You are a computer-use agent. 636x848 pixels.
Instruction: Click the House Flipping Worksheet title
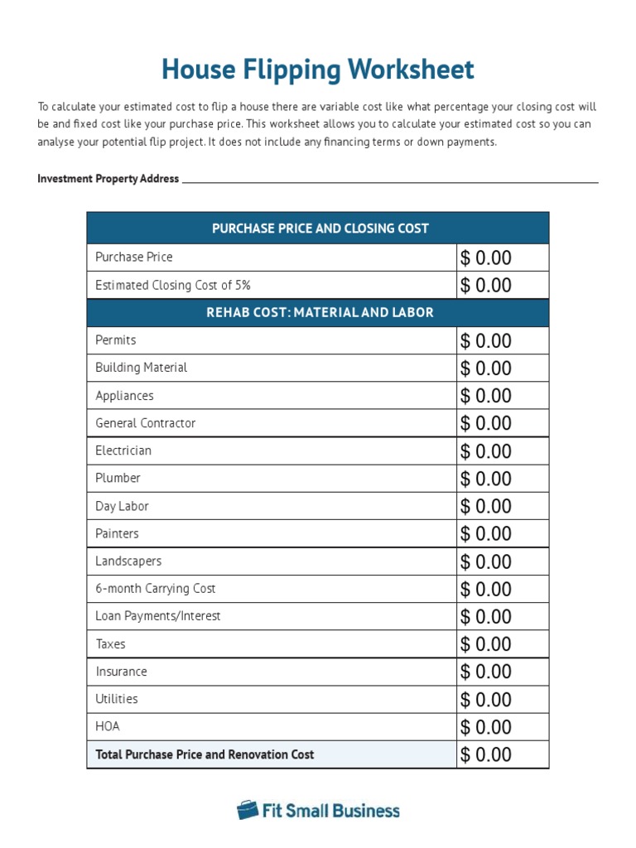point(318,70)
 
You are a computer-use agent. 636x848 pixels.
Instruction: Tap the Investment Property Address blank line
point(389,180)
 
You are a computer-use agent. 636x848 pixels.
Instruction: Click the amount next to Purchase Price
point(486,258)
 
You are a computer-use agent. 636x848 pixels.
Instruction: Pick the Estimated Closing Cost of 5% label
point(172,285)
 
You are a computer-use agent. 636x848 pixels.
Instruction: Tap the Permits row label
point(116,340)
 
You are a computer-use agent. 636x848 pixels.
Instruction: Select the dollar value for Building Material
point(486,369)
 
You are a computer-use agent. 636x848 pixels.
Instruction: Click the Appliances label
point(124,396)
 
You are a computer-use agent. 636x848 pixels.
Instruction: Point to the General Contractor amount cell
point(486,423)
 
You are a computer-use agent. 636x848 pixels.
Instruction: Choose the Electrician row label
point(123,450)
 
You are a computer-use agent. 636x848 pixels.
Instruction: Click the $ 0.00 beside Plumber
point(486,479)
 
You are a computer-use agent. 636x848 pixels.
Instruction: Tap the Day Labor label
point(122,506)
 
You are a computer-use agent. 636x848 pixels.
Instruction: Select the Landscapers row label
point(128,561)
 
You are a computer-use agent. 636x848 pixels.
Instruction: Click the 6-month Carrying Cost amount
point(486,589)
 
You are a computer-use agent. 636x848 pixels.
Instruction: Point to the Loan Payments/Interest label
point(157,616)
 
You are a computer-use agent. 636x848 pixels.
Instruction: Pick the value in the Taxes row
point(486,644)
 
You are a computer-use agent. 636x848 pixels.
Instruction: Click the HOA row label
point(108,726)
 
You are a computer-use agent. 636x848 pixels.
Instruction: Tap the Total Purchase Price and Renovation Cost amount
point(486,754)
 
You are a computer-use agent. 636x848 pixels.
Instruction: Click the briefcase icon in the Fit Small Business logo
point(247,810)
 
